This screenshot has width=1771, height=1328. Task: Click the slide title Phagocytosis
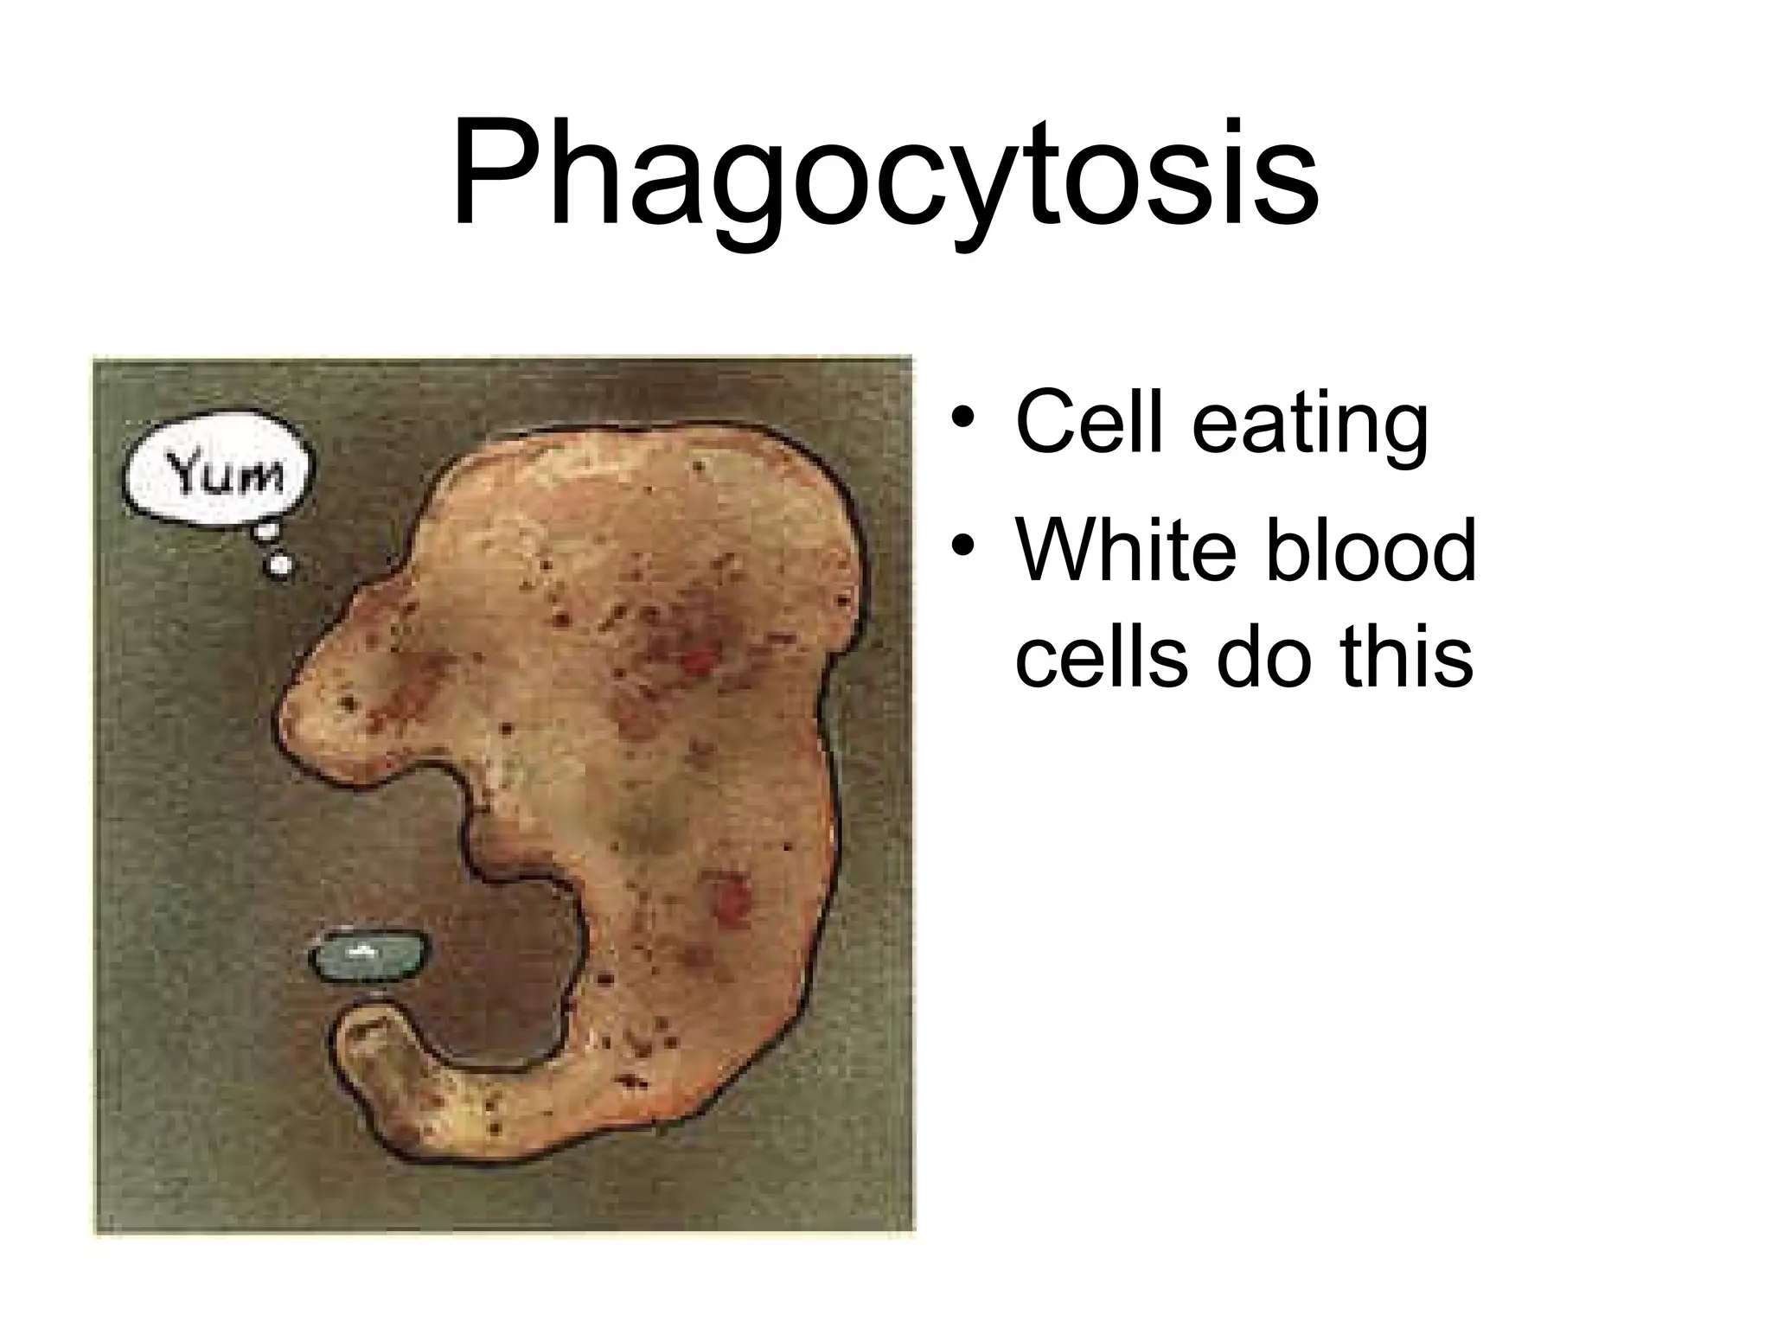point(885,177)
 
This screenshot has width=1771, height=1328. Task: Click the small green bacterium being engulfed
point(368,955)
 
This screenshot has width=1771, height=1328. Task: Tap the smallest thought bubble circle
point(279,565)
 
